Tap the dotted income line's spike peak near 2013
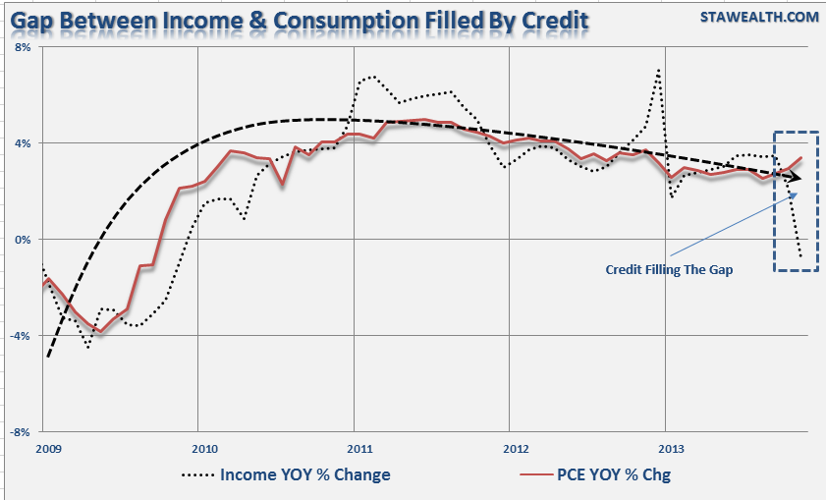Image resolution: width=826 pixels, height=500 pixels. tap(658, 70)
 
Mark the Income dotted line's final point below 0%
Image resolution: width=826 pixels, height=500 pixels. tap(801, 258)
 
